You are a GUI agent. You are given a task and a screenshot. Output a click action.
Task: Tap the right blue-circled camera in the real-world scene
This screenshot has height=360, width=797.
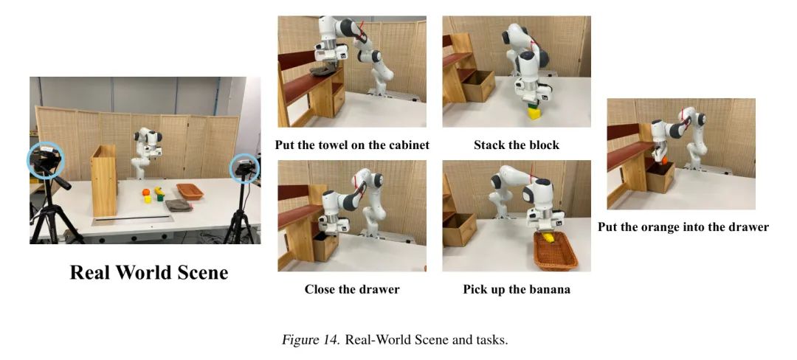click(x=244, y=169)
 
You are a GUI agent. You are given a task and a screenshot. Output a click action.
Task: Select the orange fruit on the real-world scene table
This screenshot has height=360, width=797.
click(x=146, y=193)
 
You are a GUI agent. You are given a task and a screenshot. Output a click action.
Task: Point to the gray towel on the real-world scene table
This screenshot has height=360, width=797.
click(x=179, y=205)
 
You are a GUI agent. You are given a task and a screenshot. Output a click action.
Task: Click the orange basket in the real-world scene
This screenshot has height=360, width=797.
click(x=190, y=191)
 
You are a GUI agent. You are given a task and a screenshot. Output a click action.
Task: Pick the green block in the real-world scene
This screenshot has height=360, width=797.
click(x=160, y=197)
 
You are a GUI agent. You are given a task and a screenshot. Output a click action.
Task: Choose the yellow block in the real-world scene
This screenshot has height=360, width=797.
click(x=148, y=199)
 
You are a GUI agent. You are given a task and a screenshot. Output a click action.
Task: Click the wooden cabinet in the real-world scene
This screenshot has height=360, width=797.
click(x=104, y=180)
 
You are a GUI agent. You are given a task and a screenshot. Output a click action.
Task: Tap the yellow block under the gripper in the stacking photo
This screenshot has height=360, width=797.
click(x=534, y=114)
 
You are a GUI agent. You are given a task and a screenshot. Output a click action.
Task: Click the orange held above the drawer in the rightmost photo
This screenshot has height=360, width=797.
click(x=664, y=161)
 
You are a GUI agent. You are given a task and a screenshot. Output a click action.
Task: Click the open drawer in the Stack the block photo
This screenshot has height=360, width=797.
click(x=477, y=85)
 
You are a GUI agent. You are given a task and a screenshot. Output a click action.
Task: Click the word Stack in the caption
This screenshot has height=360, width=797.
click(x=489, y=145)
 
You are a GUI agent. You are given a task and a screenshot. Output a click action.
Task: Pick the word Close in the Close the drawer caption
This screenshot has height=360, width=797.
click(x=320, y=289)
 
